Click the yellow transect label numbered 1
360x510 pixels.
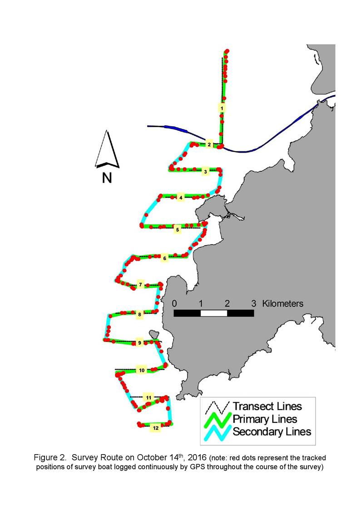tap(222, 108)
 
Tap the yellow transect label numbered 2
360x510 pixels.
tap(209, 144)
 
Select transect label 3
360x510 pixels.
tap(205, 171)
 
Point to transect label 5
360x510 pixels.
tap(177, 230)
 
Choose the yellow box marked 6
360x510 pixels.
tap(164, 258)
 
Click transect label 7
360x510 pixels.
tap(140, 285)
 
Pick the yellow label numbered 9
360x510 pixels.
tap(139, 343)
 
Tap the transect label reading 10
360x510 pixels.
tap(142, 370)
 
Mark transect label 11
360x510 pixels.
tap(148, 397)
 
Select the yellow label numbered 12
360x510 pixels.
tap(156, 428)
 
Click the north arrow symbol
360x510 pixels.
tap(107, 149)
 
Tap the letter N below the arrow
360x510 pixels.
tap(107, 178)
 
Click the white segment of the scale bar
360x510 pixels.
tap(214, 313)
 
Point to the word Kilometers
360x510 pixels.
tap(283, 303)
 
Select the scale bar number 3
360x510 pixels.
tap(254, 303)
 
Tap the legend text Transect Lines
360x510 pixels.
tap(267, 406)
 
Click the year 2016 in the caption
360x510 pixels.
tap(197, 457)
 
